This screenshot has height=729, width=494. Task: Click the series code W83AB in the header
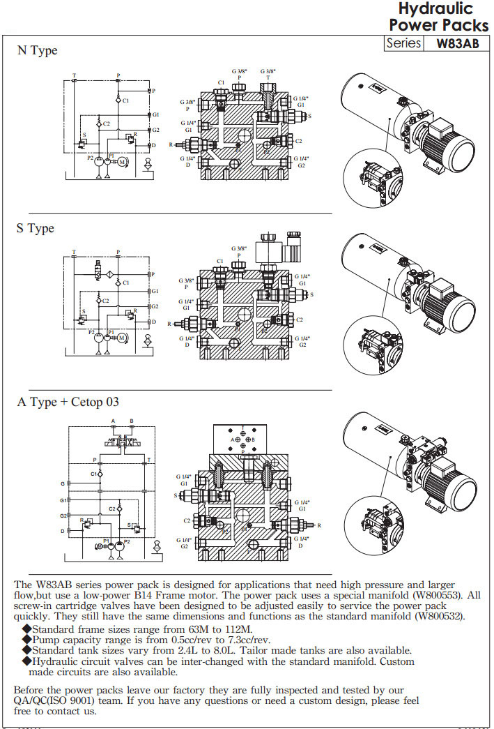[x=458, y=43]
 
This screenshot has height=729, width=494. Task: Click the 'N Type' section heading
[x=37, y=51]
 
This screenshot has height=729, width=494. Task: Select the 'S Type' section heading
[x=36, y=228]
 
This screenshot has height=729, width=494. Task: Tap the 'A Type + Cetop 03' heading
[x=68, y=402]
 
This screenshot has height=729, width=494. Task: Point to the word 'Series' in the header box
[x=404, y=43]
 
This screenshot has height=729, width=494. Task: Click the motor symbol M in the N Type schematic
[x=122, y=162]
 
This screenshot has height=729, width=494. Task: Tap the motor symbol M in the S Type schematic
[x=122, y=338]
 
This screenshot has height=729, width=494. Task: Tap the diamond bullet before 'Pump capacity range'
[x=28, y=640]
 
